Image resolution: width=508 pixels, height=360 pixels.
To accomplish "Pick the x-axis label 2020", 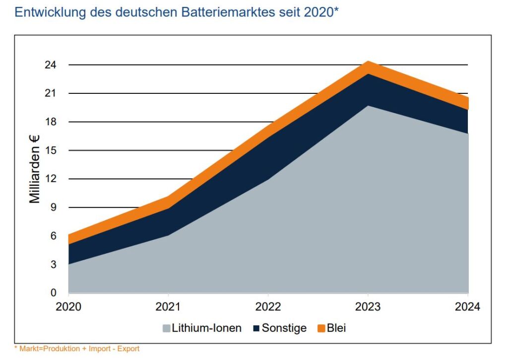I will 68,307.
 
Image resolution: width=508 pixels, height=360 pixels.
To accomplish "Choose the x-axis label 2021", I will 168,307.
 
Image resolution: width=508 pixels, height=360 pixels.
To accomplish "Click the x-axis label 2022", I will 268,307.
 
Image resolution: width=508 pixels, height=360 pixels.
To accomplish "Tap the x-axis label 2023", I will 368,307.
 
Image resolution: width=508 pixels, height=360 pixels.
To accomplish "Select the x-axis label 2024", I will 467,307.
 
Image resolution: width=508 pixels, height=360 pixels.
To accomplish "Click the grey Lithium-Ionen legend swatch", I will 166,328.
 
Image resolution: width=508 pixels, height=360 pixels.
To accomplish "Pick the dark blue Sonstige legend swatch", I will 256,328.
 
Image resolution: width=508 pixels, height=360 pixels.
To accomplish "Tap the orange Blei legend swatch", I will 320,328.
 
